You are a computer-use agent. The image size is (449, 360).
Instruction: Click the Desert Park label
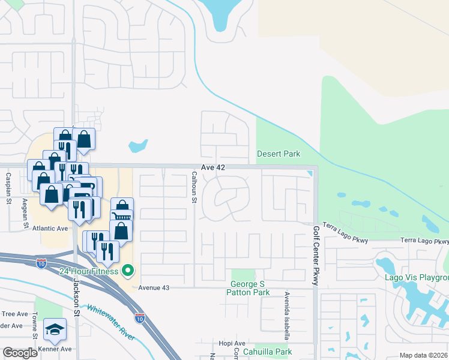click(279, 154)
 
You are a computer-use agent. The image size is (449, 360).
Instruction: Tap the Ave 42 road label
click(212, 168)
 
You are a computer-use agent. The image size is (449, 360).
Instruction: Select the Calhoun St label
click(194, 187)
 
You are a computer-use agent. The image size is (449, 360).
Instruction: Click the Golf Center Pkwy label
click(316, 255)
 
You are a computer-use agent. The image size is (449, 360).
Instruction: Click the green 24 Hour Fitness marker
click(127, 271)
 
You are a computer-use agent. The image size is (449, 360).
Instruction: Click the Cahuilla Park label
click(267, 352)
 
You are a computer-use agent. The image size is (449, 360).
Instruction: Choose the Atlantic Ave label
click(50, 228)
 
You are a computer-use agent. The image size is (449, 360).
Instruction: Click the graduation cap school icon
click(55, 328)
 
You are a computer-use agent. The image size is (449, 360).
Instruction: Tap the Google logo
click(20, 353)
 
